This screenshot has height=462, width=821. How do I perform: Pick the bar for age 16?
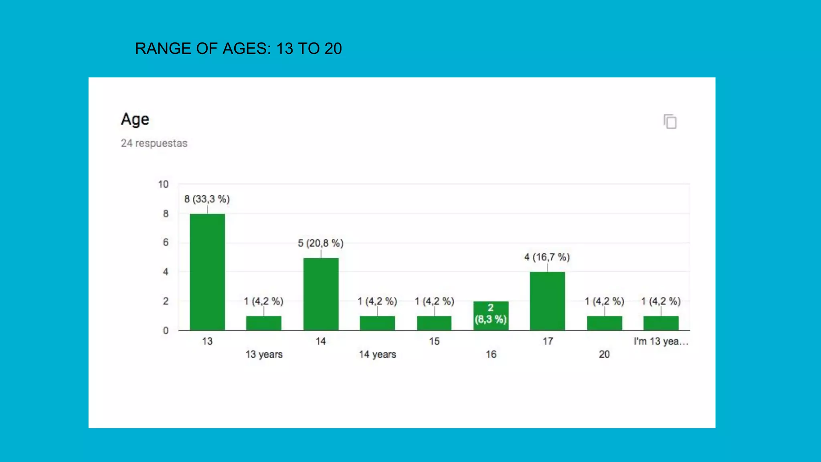coord(491,316)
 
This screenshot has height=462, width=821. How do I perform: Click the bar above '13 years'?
coord(264,323)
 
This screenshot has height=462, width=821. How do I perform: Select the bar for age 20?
coord(605,323)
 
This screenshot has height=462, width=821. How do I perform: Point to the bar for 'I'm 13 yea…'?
coord(661,323)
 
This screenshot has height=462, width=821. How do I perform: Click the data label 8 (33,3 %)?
coord(207,199)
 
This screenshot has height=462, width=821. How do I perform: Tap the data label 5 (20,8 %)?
coord(320,243)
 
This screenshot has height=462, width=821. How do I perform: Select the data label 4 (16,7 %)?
coord(547,257)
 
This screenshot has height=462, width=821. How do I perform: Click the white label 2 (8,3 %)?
coord(491,314)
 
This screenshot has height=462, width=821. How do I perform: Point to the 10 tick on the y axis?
coord(163,184)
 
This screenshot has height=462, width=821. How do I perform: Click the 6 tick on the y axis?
coord(165,243)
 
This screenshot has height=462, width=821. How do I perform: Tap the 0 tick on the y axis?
coord(165,331)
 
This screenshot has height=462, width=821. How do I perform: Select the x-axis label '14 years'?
coord(377,355)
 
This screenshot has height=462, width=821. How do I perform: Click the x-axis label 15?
coord(434,341)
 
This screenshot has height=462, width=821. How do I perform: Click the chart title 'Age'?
coord(135,120)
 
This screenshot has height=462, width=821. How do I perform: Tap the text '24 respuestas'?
coord(154,143)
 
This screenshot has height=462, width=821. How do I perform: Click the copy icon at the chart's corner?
coord(670,122)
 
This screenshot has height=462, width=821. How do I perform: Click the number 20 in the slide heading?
coord(333,49)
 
